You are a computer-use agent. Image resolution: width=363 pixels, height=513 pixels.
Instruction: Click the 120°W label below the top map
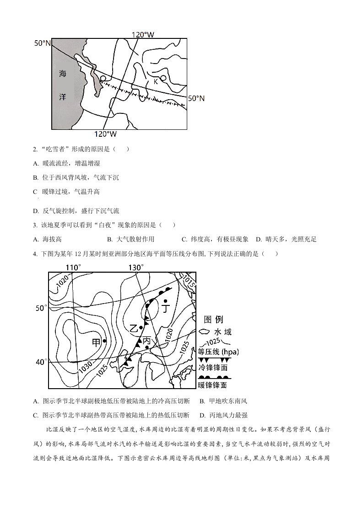tap(105, 134)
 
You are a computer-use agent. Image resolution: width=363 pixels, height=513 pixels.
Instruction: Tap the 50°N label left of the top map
tap(43, 43)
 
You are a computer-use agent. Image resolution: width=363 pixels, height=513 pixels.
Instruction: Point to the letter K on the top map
tap(156, 81)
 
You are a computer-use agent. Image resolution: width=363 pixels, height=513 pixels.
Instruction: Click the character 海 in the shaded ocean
tap(63, 74)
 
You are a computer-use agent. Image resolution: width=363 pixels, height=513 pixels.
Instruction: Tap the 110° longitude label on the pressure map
tap(73, 267)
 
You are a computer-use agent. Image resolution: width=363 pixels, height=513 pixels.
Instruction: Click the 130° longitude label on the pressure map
tap(136, 267)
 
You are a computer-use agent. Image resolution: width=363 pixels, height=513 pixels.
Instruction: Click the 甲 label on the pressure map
tap(96, 342)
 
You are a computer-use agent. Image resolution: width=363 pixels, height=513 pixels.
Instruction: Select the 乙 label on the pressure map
tap(133, 327)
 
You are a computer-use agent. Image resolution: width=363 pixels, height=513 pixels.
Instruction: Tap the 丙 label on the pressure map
tap(147, 340)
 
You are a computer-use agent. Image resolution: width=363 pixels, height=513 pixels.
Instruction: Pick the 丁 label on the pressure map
tap(166, 309)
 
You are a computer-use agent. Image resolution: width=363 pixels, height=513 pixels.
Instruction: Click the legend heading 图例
tap(213, 320)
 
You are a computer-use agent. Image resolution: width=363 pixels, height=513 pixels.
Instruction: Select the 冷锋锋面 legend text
tap(213, 368)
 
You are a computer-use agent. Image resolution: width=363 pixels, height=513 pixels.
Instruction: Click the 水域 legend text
tap(223, 332)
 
